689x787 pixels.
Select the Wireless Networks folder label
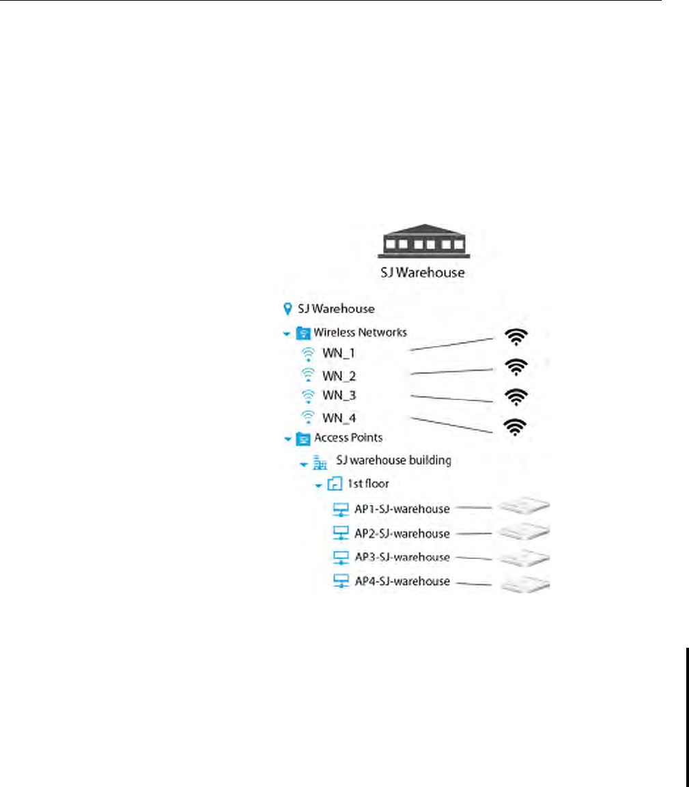pos(360,333)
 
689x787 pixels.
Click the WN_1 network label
pos(339,354)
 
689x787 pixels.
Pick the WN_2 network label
pos(339,375)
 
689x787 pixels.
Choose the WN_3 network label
pos(339,395)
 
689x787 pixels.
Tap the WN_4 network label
pos(339,416)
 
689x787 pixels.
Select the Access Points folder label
pos(348,438)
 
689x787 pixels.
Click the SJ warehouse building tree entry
pos(394,461)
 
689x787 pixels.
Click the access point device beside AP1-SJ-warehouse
pos(524,507)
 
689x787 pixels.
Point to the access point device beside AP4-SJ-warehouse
pos(524,584)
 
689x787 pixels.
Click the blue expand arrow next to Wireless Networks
pos(287,334)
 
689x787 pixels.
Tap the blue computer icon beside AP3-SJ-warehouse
pos(339,558)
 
